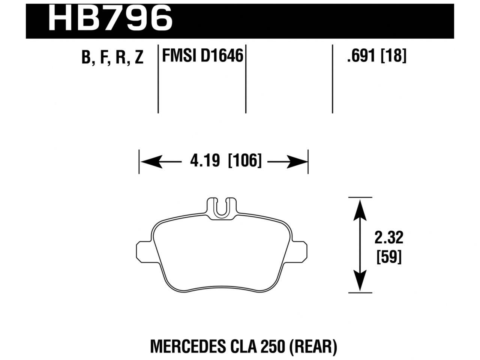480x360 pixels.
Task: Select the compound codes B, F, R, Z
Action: [x=112, y=58]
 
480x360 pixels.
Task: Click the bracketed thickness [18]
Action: [x=393, y=57]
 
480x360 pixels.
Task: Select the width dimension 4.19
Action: [x=204, y=161]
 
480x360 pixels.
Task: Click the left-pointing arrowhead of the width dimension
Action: [x=148, y=162]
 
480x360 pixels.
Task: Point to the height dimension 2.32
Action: [x=389, y=238]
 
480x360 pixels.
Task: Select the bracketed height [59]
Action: [x=389, y=257]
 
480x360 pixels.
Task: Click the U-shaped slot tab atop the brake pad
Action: [x=223, y=207]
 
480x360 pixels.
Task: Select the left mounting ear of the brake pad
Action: [x=144, y=250]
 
